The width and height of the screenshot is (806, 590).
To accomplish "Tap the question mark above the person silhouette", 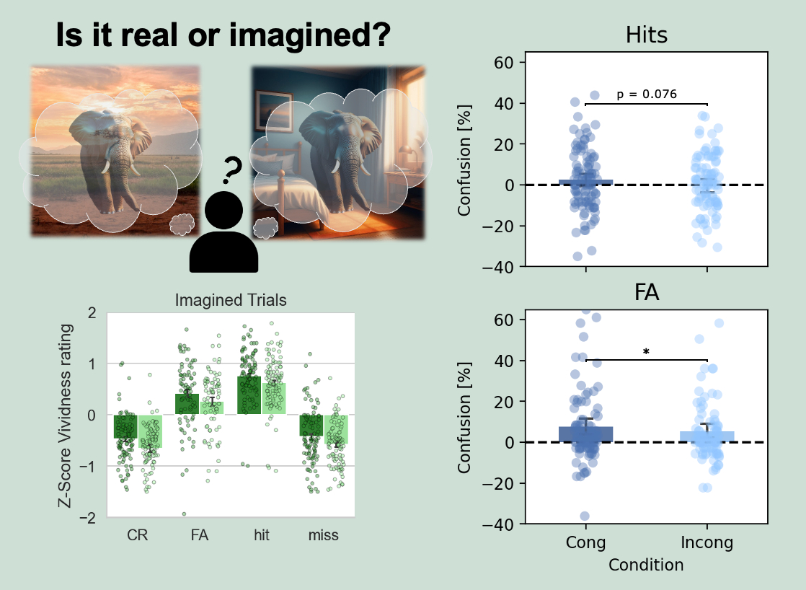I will click(x=231, y=171).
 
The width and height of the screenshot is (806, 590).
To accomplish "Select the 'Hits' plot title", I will click(x=646, y=36).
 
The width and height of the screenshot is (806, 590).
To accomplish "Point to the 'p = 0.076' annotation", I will click(x=647, y=94).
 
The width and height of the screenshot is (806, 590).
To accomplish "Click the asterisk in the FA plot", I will click(x=646, y=352).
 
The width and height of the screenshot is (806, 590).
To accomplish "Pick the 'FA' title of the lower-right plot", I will click(x=646, y=293).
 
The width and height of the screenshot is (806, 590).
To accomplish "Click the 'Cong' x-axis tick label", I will click(x=585, y=542).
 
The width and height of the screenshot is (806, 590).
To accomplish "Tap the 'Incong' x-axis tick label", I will click(x=707, y=542).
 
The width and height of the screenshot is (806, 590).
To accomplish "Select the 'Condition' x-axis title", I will click(x=646, y=565).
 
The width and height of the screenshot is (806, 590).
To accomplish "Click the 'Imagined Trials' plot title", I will click(x=231, y=301).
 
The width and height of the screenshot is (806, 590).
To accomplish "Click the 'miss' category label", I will click(x=323, y=535).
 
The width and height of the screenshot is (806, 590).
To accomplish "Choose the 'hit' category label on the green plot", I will click(x=261, y=535).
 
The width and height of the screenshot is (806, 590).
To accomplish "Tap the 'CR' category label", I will click(x=137, y=535).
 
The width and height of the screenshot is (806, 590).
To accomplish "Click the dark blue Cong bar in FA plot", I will click(x=585, y=434).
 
